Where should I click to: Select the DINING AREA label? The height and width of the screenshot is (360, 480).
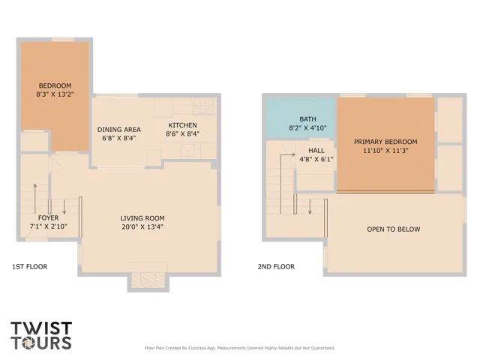pos(121,129)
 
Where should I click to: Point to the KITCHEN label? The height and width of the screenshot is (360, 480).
pos(182,124)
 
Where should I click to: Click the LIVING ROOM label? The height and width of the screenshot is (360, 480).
pos(142,219)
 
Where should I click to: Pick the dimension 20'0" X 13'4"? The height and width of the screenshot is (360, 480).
pos(142,228)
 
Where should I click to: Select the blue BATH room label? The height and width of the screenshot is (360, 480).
pos(307,119)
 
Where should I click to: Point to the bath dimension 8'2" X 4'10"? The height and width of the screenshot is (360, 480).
pos(307,128)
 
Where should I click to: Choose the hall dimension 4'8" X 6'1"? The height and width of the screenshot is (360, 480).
pos(316,159)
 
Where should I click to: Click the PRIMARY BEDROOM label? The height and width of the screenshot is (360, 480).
pos(385,142)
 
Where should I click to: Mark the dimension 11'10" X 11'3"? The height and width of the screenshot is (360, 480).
pos(385,151)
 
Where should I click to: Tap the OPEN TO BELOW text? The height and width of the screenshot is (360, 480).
pos(393,229)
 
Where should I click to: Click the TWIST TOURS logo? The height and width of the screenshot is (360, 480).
pos(41,335)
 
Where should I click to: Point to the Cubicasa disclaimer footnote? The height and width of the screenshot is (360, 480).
pos(239,348)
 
